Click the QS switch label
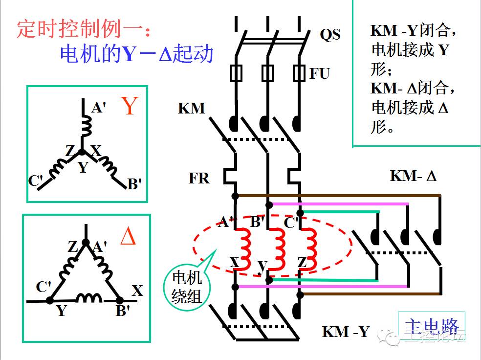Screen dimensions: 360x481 330,35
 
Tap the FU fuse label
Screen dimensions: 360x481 320,74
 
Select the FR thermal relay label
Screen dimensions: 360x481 199,178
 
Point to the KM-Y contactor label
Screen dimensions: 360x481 346,332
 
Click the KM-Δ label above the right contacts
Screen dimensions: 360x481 413,176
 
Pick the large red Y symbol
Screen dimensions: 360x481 129,106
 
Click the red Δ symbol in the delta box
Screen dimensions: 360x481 128,236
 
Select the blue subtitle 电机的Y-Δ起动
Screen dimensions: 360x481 137,53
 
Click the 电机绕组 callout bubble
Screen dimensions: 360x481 187,288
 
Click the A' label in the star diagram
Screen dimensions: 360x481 99,107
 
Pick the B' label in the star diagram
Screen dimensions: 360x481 134,184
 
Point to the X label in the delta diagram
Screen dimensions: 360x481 137,291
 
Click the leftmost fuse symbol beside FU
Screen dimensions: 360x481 236,74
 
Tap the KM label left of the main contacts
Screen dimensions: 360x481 192,108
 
